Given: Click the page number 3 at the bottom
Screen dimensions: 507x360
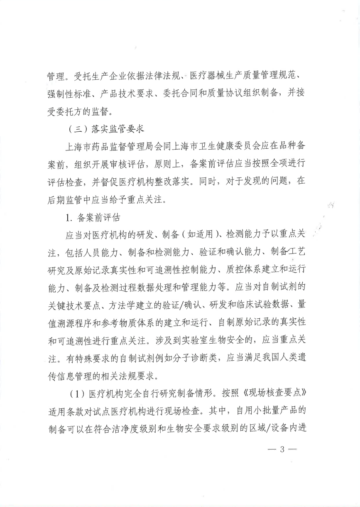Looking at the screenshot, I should [x=281, y=450].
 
